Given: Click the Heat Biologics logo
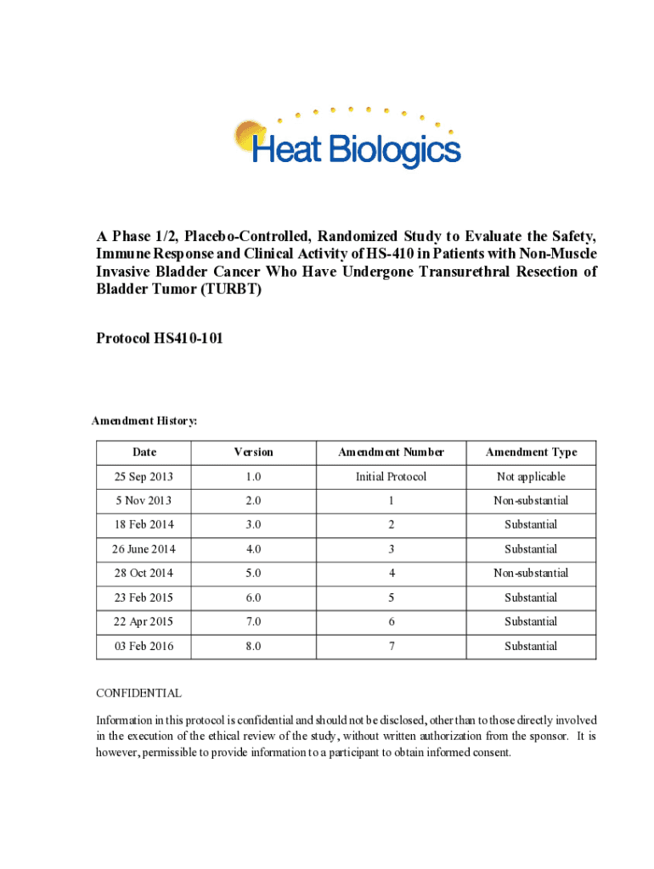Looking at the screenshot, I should (x=347, y=139).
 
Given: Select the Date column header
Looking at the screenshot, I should (x=144, y=452).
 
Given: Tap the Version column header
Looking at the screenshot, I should (x=253, y=452).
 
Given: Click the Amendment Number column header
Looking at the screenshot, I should (x=391, y=452).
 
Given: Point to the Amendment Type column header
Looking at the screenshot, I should (x=531, y=452).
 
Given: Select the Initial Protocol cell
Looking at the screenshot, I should (x=391, y=477).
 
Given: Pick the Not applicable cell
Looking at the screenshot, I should (x=531, y=477).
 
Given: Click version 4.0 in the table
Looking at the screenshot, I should (x=253, y=549).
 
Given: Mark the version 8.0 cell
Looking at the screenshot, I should (x=253, y=647).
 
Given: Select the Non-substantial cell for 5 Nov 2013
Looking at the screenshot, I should (x=531, y=501).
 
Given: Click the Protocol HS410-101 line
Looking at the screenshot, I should (x=161, y=339).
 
